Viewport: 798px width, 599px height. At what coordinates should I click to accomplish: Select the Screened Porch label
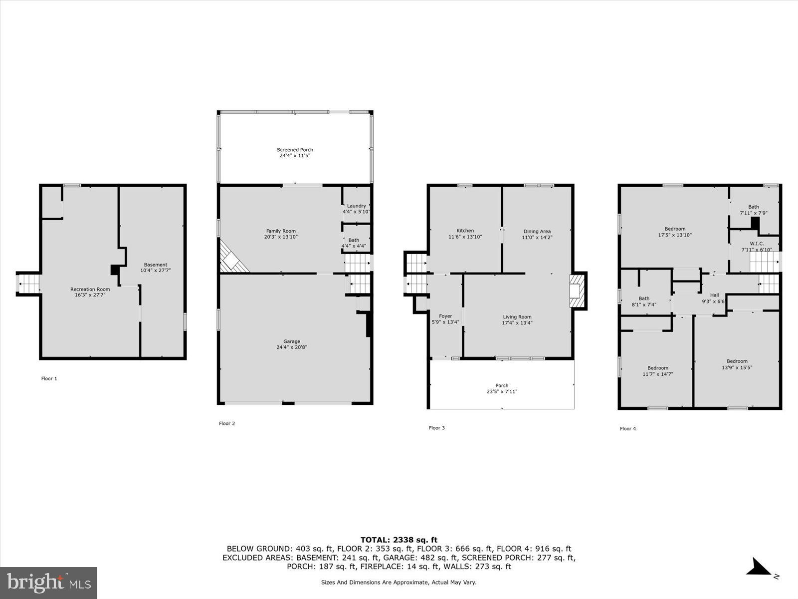[x=295, y=150]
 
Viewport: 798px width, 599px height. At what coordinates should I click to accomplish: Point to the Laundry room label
[x=356, y=206]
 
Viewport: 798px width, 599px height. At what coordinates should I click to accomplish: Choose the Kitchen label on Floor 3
[x=465, y=231]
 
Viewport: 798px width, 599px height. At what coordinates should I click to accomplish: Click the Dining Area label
[x=537, y=231]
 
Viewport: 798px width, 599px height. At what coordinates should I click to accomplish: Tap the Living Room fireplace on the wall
[x=576, y=291]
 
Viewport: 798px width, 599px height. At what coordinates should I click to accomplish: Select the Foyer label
[x=445, y=316]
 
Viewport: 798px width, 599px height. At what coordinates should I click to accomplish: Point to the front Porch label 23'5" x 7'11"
[x=502, y=388]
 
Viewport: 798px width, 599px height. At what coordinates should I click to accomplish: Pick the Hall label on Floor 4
[x=714, y=295]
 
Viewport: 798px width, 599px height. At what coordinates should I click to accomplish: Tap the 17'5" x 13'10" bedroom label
[x=675, y=232]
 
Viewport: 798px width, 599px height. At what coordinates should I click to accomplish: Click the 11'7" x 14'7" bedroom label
[x=658, y=371]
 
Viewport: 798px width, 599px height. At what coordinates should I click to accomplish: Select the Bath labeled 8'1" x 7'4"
[x=644, y=301]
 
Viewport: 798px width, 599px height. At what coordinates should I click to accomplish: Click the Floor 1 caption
[x=49, y=378]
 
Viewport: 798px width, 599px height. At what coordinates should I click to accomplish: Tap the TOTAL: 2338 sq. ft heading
[x=399, y=540]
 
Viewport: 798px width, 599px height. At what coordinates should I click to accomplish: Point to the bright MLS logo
[x=49, y=583]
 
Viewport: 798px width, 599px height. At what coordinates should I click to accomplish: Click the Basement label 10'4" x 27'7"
[x=156, y=268]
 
